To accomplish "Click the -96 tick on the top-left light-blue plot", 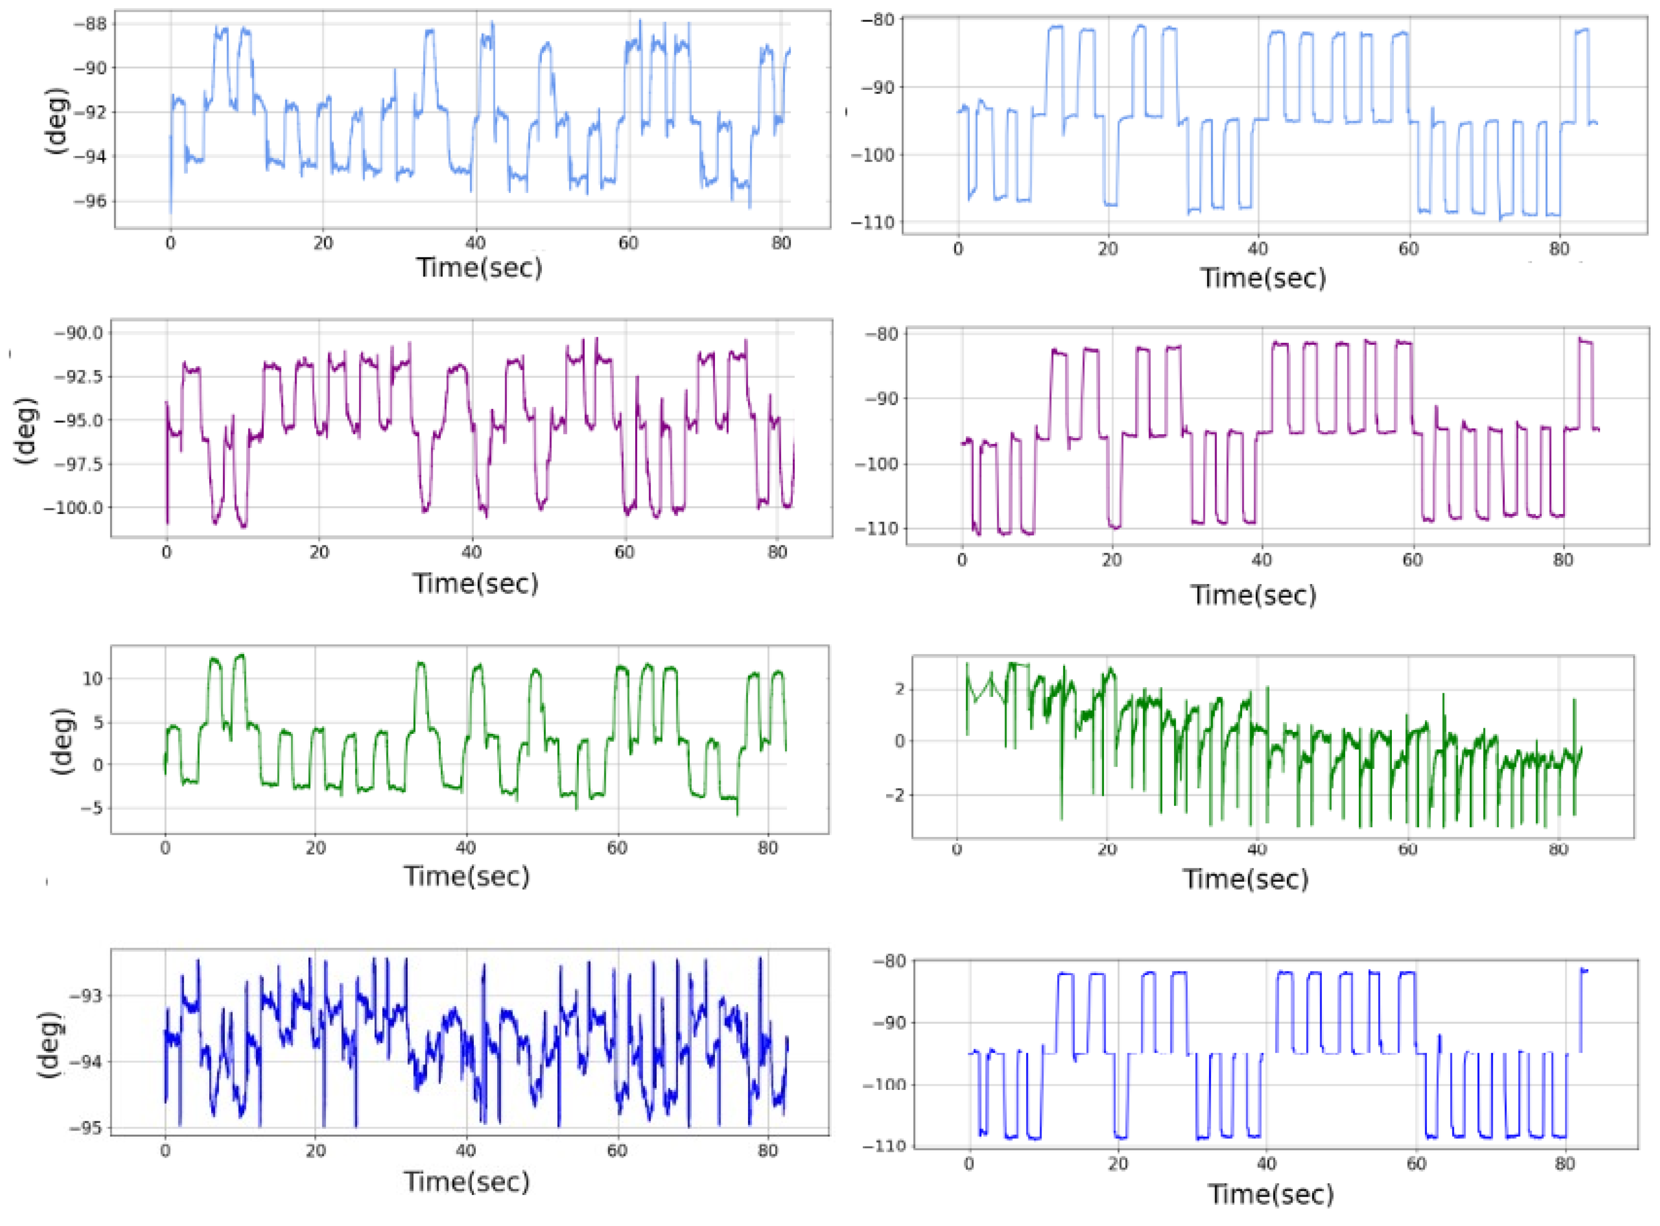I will [x=89, y=202].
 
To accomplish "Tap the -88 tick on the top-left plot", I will [x=89, y=24].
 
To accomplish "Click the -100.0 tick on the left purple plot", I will [x=74, y=508].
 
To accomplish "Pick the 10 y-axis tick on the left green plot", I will [x=93, y=679].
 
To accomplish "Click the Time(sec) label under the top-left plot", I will [x=479, y=267].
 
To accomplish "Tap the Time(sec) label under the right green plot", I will [x=1245, y=880].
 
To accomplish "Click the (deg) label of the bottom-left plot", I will [x=49, y=1045].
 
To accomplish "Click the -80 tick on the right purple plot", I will [x=881, y=334].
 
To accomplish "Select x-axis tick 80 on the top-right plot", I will [x=1559, y=249].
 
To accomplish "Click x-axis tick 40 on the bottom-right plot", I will [x=1266, y=1164].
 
